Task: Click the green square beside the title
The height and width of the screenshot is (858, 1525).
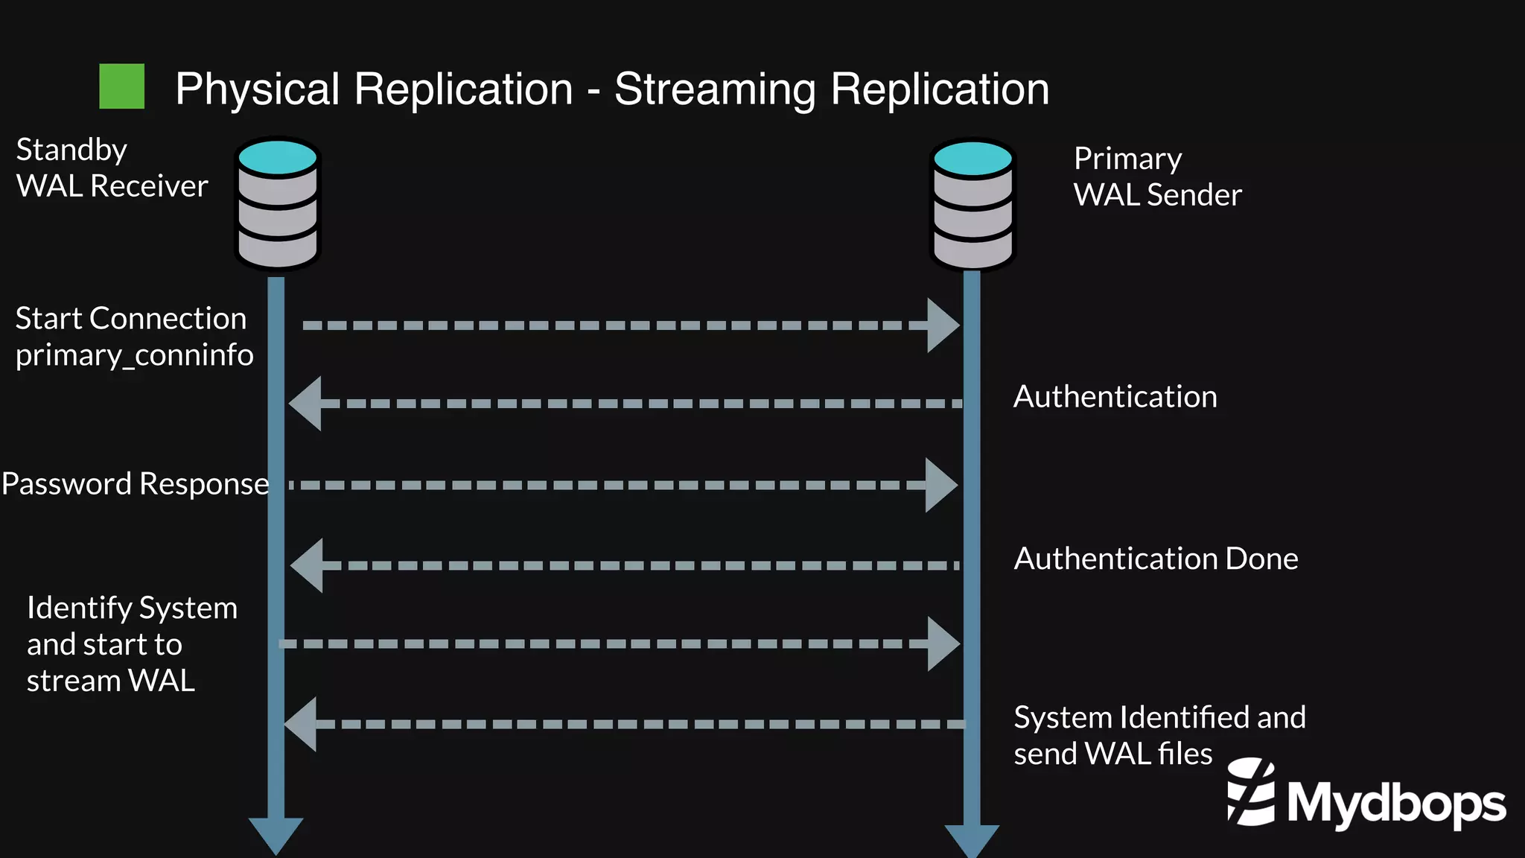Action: point(122,86)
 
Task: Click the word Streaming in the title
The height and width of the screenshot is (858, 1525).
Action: point(715,90)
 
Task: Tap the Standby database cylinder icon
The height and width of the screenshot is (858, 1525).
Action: point(277,203)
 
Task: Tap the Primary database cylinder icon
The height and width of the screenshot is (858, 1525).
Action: point(972,204)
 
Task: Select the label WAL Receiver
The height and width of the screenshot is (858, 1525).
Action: point(112,186)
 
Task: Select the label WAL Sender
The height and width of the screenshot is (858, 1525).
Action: point(1157,195)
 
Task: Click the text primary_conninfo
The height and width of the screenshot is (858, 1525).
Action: point(134,355)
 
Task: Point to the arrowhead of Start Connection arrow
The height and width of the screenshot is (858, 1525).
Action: point(943,325)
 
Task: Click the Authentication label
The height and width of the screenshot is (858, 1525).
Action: point(1115,396)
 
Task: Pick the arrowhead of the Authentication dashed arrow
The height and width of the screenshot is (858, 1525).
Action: point(306,403)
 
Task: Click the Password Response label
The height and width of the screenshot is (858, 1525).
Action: point(135,484)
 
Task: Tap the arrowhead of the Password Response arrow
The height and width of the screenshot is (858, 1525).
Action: point(940,485)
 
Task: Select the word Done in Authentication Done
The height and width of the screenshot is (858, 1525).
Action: point(1261,559)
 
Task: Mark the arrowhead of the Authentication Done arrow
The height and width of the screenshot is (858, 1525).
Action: point(308,565)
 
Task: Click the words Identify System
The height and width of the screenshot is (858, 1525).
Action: point(132,608)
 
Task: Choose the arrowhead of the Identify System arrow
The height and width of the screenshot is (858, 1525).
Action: point(943,643)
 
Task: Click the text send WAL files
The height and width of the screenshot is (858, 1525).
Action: point(1112,754)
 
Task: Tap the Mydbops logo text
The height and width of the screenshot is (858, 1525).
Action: point(1395,804)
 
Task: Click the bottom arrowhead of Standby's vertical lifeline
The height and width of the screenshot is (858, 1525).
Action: point(276,835)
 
